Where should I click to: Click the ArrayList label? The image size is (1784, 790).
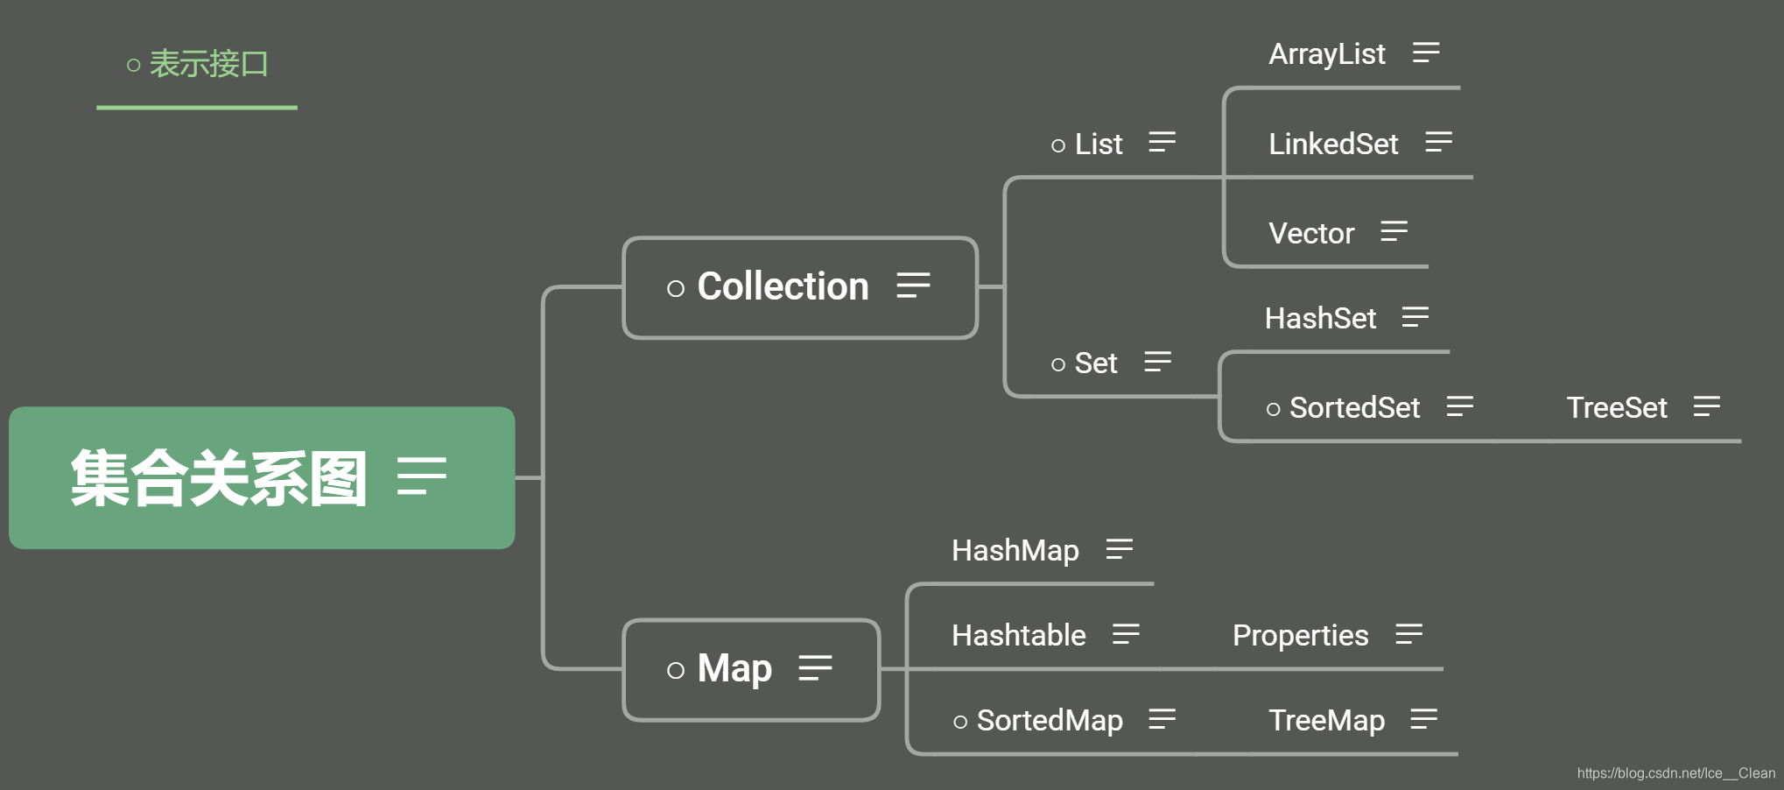[1326, 54]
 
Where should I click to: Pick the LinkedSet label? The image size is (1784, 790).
[1332, 144]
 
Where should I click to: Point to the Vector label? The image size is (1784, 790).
[1310, 233]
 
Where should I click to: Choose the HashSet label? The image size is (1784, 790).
[1320, 318]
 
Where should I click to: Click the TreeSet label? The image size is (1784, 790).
[1616, 407]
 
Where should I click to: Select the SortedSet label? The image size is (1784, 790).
[1353, 407]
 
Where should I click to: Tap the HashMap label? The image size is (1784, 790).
[1015, 550]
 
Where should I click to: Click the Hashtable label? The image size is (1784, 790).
[1018, 635]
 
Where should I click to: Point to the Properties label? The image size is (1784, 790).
[1300, 635]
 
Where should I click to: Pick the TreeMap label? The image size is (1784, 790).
[1326, 720]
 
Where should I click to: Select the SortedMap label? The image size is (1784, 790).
[1049, 720]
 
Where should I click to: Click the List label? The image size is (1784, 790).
[1098, 144]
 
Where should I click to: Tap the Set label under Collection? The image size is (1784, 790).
[1095, 363]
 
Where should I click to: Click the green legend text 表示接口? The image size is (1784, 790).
[207, 64]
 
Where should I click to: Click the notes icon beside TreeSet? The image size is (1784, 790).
[1706, 406]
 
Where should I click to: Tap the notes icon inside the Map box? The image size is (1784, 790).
[815, 668]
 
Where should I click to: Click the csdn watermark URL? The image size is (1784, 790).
[1675, 772]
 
